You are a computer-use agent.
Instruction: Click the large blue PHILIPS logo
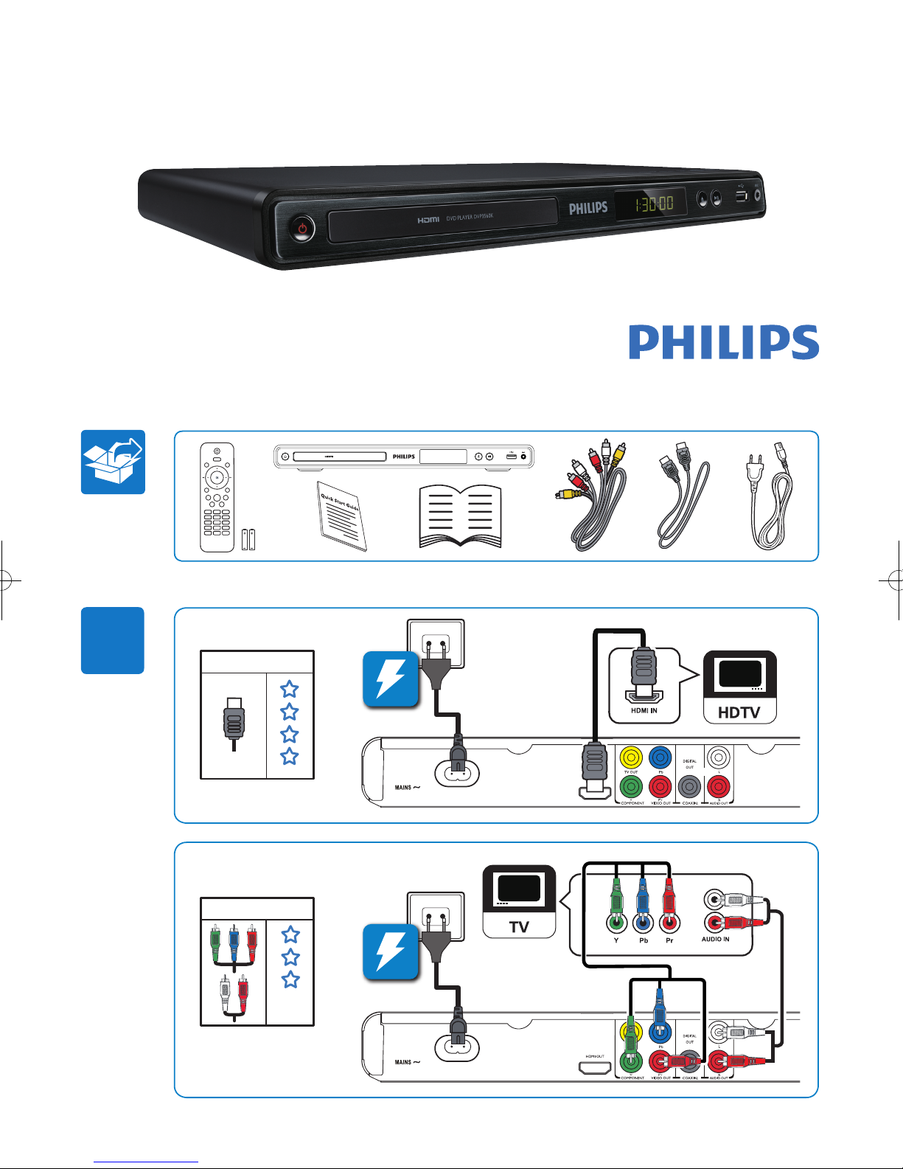pyautogui.click(x=723, y=343)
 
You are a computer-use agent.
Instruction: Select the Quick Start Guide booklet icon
pyautogui.click(x=341, y=516)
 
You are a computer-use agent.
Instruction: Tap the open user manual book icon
pyautogui.click(x=460, y=516)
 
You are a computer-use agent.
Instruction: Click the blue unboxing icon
pyautogui.click(x=113, y=462)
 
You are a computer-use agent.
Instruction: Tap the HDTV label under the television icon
pyautogui.click(x=739, y=712)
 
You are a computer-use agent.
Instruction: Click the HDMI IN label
pyautogui.click(x=644, y=711)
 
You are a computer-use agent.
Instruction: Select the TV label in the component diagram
pyautogui.click(x=519, y=927)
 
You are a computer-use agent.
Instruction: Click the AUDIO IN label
pyautogui.click(x=715, y=939)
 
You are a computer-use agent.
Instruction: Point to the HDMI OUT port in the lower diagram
pyautogui.click(x=595, y=1067)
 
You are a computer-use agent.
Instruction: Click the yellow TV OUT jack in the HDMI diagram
pyautogui.click(x=631, y=757)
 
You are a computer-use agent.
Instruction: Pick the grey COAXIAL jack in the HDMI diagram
pyautogui.click(x=689, y=787)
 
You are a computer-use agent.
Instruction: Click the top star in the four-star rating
pyautogui.click(x=290, y=689)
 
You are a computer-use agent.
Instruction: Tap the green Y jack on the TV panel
pyautogui.click(x=616, y=922)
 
